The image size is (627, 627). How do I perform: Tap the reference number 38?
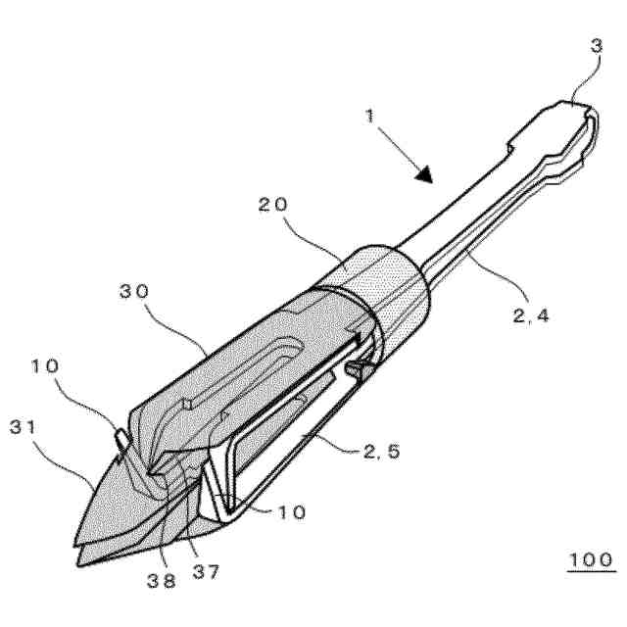pyautogui.click(x=164, y=580)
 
